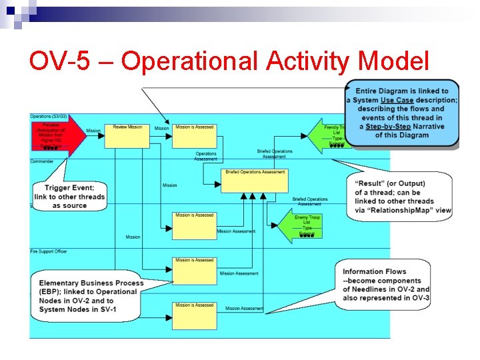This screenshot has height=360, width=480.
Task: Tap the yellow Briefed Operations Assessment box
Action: [255, 181]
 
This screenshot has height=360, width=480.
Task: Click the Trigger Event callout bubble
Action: [70, 195]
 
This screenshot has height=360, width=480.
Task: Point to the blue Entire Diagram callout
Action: [402, 113]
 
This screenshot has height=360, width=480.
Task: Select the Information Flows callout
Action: [385, 284]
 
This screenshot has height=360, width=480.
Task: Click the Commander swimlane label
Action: [42, 161]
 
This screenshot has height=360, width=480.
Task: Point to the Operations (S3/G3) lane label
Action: [49, 117]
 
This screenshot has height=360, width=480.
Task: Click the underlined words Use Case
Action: [397, 100]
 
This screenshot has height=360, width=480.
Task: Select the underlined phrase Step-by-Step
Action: [387, 126]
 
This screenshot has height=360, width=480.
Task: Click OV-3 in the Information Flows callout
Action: [421, 297]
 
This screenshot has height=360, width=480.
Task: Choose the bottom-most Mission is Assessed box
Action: [195, 316]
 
